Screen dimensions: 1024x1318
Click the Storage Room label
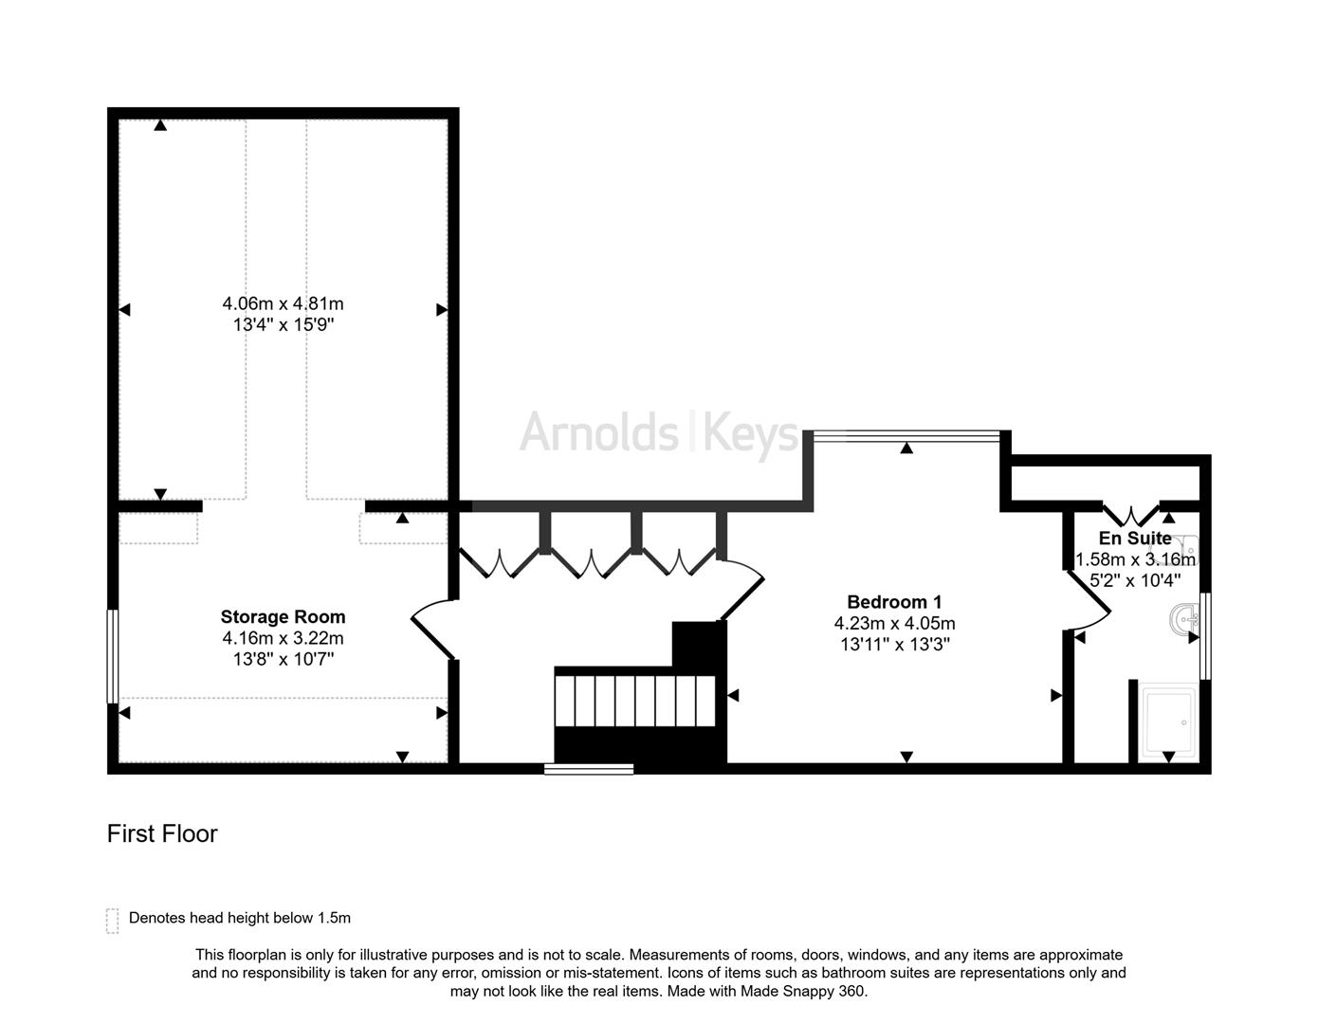pyautogui.click(x=283, y=617)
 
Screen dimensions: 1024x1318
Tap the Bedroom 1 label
pyautogui.click(x=894, y=602)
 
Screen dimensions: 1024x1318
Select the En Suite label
pyautogui.click(x=1135, y=539)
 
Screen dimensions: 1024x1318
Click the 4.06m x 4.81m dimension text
pyautogui.click(x=283, y=304)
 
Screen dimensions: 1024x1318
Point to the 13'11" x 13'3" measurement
pyautogui.click(x=894, y=645)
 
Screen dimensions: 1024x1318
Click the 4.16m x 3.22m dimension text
pyautogui.click(x=283, y=638)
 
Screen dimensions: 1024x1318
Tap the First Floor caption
pyautogui.click(x=162, y=833)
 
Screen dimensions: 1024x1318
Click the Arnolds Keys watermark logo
pyautogui.click(x=660, y=433)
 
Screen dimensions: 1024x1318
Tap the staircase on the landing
pyautogui.click(x=634, y=701)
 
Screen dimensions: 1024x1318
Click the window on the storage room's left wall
pyautogui.click(x=112, y=655)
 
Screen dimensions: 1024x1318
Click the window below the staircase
pyautogui.click(x=589, y=769)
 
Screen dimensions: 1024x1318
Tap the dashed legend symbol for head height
pyautogui.click(x=113, y=920)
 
